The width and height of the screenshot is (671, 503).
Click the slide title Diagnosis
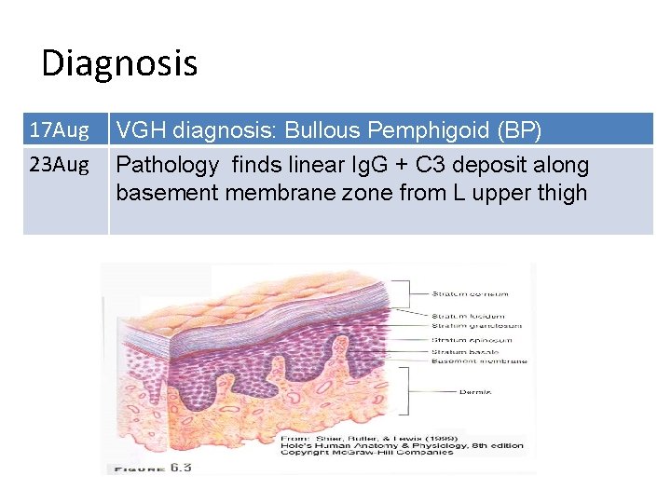point(119,63)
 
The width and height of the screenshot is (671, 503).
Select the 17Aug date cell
point(59,129)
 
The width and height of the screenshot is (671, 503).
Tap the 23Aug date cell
point(59,166)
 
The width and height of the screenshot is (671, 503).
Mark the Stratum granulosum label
point(476,325)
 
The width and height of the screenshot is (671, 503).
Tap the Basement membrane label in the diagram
point(479,361)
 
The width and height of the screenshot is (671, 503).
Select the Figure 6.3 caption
point(152,467)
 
